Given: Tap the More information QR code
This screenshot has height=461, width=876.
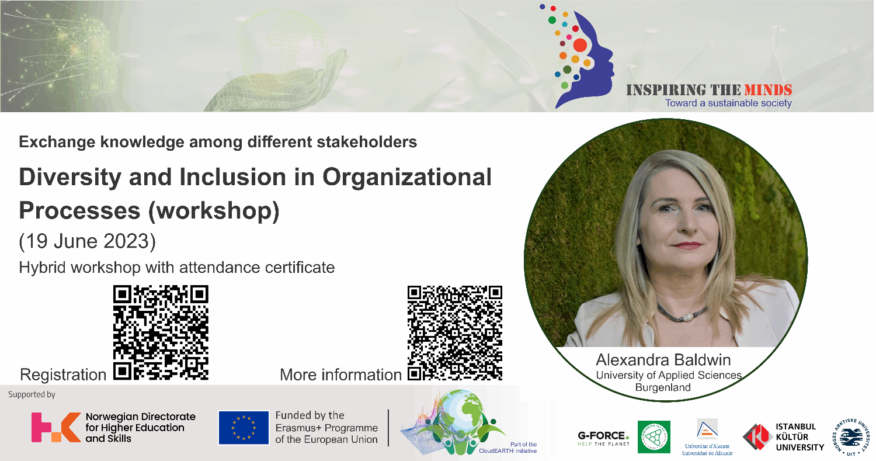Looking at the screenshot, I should pyautogui.click(x=455, y=332).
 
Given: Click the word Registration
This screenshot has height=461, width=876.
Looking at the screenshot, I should pyautogui.click(x=62, y=375).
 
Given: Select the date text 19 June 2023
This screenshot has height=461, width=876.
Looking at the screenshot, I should pyautogui.click(x=88, y=241).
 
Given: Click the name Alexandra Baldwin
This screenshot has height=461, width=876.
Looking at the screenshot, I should pyautogui.click(x=663, y=359).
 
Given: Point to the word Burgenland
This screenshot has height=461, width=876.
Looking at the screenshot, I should pyautogui.click(x=663, y=387).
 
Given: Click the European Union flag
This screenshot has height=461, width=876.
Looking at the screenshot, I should pyautogui.click(x=241, y=428).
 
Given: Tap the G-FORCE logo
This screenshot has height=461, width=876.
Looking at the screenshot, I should pyautogui.click(x=603, y=438).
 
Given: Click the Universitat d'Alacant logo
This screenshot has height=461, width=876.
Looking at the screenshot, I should pyautogui.click(x=707, y=437).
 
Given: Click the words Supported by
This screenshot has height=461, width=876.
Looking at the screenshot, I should pyautogui.click(x=32, y=394).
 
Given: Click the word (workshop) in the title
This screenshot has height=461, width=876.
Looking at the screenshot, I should pyautogui.click(x=214, y=211).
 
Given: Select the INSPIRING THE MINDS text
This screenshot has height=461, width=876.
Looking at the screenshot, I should pyautogui.click(x=709, y=91).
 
